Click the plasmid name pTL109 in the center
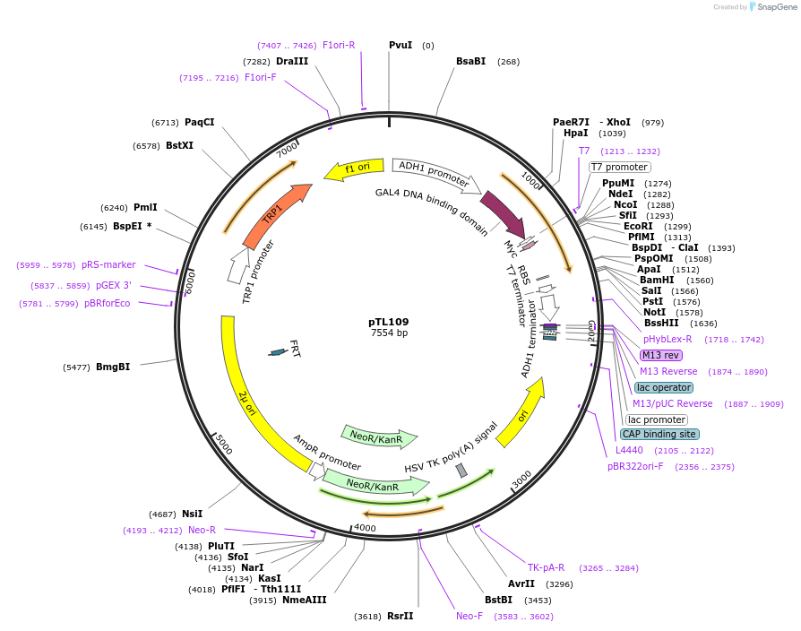[x=389, y=322]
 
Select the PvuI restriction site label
[x=400, y=45]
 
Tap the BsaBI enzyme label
[x=470, y=61]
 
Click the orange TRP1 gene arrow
[x=273, y=214]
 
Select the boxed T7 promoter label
[x=619, y=167]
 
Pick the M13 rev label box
[x=661, y=355]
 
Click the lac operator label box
[x=664, y=387]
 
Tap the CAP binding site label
[x=659, y=434]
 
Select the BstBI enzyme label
[x=498, y=600]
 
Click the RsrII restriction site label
[x=400, y=616]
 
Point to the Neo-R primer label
[x=202, y=530]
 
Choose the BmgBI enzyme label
[x=113, y=367]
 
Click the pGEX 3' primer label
[x=114, y=285]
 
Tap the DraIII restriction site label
[x=292, y=61]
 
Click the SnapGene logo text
[x=774, y=7]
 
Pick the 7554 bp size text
[x=389, y=333]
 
